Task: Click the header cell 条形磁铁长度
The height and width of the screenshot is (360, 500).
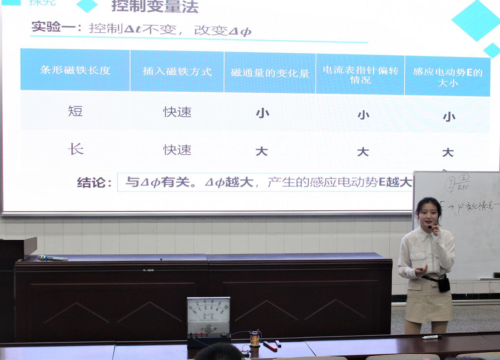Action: coord(75,70)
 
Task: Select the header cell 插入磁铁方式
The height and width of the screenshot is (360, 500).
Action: coord(177,72)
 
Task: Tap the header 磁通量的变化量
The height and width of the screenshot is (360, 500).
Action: coord(270,73)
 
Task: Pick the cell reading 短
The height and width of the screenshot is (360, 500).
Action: coord(75,111)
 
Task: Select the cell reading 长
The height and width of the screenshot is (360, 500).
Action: coord(76,149)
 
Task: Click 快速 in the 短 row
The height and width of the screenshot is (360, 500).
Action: coord(177,112)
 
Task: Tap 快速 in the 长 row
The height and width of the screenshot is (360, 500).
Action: coord(177,150)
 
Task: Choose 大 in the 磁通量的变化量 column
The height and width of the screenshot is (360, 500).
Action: coord(261,151)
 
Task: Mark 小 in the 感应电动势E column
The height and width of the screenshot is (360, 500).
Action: coord(449,117)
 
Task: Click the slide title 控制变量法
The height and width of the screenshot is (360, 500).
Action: coord(155,7)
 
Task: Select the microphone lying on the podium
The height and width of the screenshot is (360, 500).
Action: coord(52,258)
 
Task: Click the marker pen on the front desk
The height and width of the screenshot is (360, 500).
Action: coord(432,337)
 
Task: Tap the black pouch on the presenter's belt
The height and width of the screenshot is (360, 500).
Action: coord(444,284)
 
